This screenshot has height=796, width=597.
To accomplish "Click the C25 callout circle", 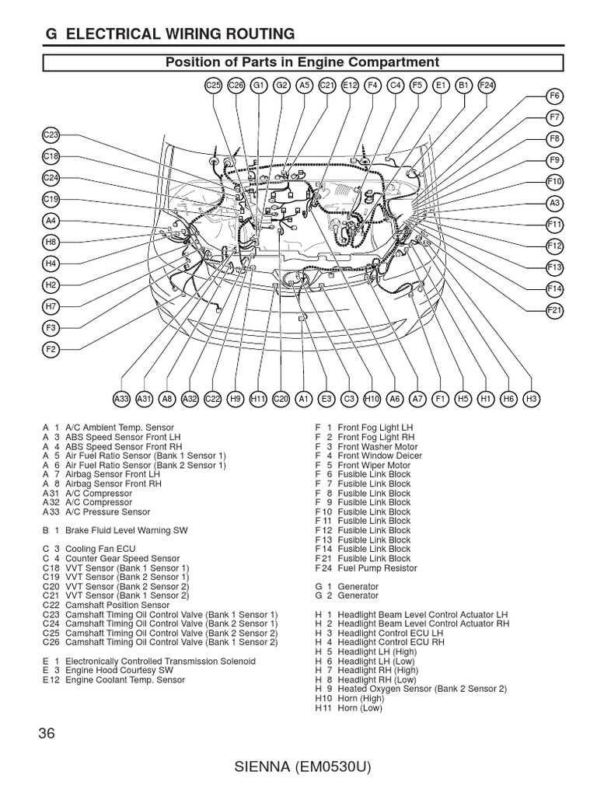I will click(214, 86).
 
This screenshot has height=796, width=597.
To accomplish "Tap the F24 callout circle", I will click(487, 86).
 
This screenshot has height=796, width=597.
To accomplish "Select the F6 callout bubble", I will click(554, 96).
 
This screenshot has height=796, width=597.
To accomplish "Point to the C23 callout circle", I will click(51, 134).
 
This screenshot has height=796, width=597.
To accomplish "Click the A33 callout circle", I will click(121, 399).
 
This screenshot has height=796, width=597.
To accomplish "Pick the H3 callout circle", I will click(532, 399).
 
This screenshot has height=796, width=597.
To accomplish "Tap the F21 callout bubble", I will click(554, 309).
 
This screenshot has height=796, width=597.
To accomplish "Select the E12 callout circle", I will click(350, 86).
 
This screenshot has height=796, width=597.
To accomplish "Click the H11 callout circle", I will click(258, 399).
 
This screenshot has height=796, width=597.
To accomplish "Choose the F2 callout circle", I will click(51, 350).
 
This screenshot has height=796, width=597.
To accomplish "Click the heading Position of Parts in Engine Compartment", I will click(303, 62).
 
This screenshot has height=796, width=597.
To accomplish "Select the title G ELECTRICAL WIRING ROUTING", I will click(171, 33).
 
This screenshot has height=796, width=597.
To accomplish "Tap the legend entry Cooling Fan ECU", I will click(97, 549).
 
